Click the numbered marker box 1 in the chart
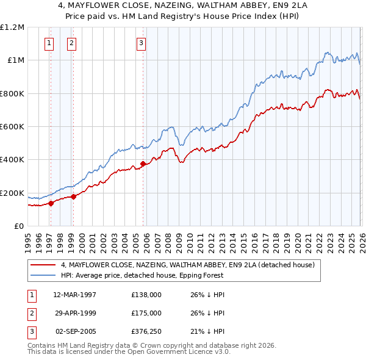(48, 43)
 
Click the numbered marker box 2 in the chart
(71, 43)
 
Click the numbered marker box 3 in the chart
(141, 43)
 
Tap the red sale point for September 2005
(143, 164)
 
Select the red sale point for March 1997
(51, 203)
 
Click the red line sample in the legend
(44, 265)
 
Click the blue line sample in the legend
(44, 276)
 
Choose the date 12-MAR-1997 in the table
(74, 295)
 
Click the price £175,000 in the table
(146, 313)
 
